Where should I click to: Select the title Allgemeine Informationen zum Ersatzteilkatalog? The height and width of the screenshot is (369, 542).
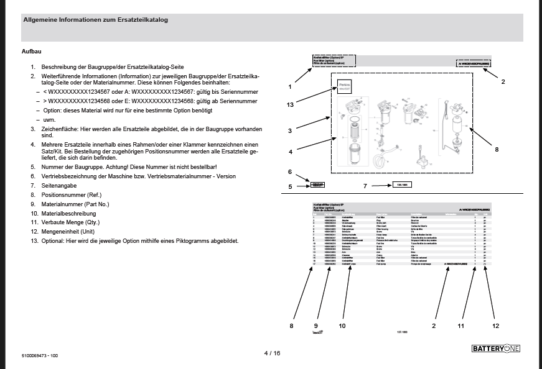point(95,20)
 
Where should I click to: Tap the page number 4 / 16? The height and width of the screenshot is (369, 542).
point(272,353)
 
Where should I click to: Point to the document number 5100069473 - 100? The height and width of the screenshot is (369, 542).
point(40,355)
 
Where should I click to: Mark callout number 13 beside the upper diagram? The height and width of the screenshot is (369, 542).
point(290,104)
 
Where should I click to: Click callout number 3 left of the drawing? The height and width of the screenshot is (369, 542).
point(290,130)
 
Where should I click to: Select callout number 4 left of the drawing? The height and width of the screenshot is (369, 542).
point(290,151)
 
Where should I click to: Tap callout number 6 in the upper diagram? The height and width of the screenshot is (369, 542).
point(290,171)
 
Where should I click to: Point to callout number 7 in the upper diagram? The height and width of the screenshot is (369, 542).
point(366,185)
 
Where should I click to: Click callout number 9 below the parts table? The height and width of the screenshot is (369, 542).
point(316,324)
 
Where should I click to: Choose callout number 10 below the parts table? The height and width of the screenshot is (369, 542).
point(342,324)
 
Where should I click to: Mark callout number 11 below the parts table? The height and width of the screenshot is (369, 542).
point(461,324)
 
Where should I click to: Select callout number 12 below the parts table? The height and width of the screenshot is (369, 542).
point(495,324)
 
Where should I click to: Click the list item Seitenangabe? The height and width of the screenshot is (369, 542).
point(58,185)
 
